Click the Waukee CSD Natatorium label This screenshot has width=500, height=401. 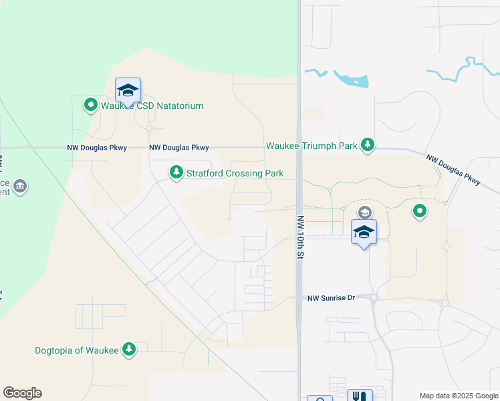(x=152, y=106)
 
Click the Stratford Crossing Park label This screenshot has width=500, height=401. (x=235, y=173)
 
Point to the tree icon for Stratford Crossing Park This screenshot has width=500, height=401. (x=176, y=173)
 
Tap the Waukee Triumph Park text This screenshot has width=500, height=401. (x=311, y=145)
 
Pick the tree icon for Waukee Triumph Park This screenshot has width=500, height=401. (x=367, y=144)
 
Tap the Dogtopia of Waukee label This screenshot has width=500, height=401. (x=77, y=350)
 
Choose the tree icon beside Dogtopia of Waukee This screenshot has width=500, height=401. (x=129, y=349)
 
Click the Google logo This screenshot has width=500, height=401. (x=22, y=393)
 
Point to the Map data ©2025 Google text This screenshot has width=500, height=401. (x=458, y=396)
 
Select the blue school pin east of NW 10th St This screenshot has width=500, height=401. (x=364, y=232)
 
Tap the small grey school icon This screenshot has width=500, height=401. (x=364, y=213)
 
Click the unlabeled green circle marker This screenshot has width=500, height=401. (x=420, y=212)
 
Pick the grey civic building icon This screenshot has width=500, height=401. (x=20, y=185)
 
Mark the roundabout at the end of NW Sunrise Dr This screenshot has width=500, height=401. (x=373, y=298)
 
